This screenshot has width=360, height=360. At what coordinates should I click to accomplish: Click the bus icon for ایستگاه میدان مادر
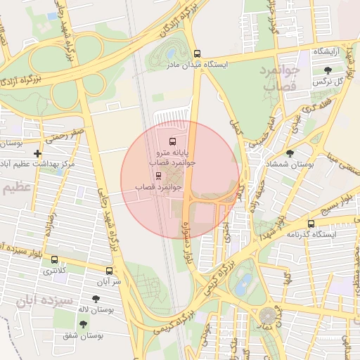point(198,53)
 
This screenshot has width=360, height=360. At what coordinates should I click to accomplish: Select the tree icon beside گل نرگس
point(328,70)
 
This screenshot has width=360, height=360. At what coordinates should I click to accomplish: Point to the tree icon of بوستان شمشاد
point(290,153)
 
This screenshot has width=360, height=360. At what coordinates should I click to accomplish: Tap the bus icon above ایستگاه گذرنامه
point(311,224)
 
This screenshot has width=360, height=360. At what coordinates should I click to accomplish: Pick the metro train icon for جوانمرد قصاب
point(158,176)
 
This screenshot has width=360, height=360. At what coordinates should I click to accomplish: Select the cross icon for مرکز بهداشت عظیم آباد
point(37,153)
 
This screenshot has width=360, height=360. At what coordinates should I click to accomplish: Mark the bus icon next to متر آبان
point(109,271)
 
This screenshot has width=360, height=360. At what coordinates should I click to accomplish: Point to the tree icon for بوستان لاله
point(96,299)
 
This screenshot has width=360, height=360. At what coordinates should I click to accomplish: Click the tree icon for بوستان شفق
point(84,324)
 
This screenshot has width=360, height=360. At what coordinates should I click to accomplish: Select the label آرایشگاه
point(328,52)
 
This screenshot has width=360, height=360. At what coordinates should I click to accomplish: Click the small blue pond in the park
point(243,284)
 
